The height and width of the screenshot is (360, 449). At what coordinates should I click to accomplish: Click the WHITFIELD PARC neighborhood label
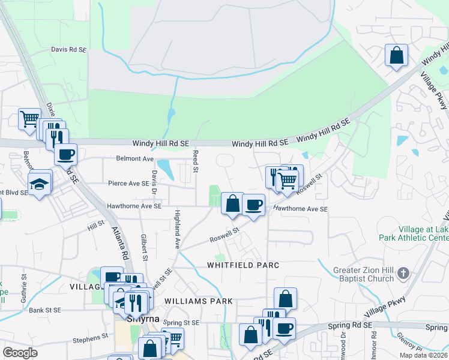[235, 265]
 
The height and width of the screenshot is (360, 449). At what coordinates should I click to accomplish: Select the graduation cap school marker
[39, 182]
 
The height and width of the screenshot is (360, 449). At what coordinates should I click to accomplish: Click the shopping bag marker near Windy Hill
[396, 56]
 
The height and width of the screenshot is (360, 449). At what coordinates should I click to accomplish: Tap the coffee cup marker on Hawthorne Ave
[254, 205]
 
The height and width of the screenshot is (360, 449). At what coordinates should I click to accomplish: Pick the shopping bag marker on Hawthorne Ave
[232, 203]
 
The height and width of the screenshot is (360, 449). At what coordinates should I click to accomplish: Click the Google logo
[20, 353]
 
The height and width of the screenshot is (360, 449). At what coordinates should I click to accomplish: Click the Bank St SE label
[45, 310]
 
